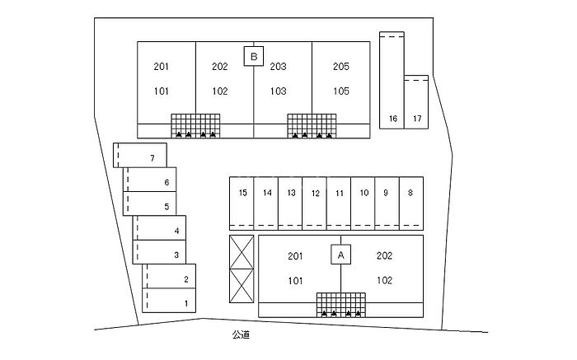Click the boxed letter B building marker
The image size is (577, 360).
pyautogui.click(x=254, y=56)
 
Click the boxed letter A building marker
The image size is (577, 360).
pyautogui.click(x=340, y=255)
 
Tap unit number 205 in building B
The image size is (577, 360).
pyautogui.click(x=341, y=67)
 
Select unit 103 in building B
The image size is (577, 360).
pyautogui.click(x=278, y=91)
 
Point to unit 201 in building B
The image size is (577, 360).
pyautogui.click(x=161, y=67)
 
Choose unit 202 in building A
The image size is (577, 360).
pyautogui.click(x=384, y=256)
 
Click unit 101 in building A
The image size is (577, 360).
pyautogui.click(x=295, y=280)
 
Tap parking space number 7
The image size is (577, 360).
pyautogui.click(x=152, y=157)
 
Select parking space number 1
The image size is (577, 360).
pyautogui.click(x=186, y=304)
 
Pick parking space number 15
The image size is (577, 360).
pyautogui.click(x=242, y=193)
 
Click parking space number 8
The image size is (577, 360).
pyautogui.click(x=410, y=193)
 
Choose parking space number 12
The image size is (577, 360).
pyautogui.click(x=315, y=193)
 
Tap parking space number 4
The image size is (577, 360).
pyautogui.click(x=176, y=231)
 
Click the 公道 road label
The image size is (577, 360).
pyautogui.click(x=241, y=334)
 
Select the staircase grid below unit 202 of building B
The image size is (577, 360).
pyautogui.click(x=195, y=124)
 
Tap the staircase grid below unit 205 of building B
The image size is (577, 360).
pyautogui.click(x=312, y=124)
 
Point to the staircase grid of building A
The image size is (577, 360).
pyautogui.click(x=340, y=303)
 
